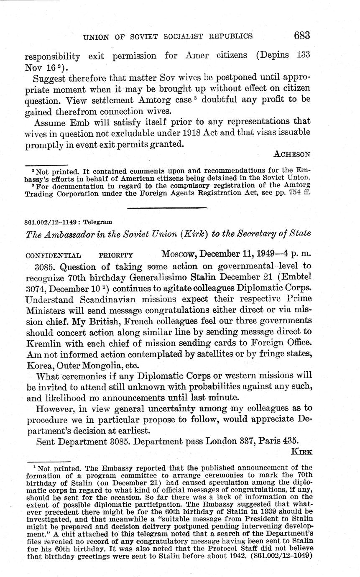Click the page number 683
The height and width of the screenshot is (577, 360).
click(x=301, y=36)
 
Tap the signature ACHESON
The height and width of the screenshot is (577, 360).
click(x=292, y=154)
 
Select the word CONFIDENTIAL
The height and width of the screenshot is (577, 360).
click(x=53, y=255)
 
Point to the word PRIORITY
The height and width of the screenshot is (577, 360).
click(x=116, y=255)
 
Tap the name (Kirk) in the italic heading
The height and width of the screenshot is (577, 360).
click(x=195, y=233)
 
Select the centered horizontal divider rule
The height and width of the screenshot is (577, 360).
click(x=167, y=207)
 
